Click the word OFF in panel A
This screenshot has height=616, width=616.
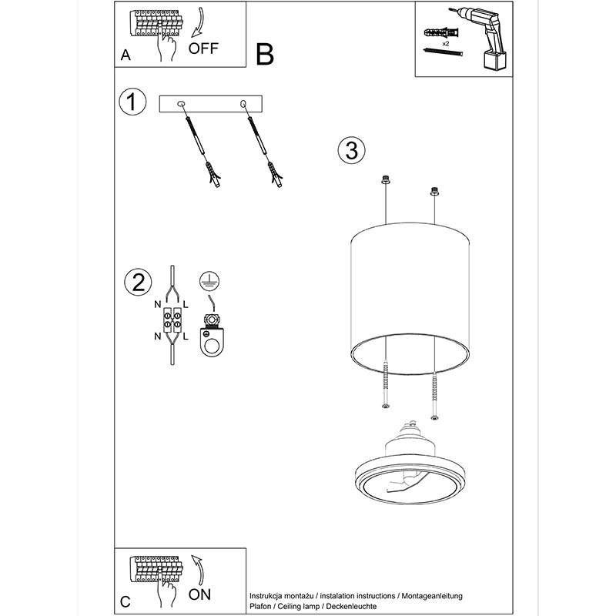203,49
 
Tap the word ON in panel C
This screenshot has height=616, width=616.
199,594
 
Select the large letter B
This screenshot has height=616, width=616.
264,54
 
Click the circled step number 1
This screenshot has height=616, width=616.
132,102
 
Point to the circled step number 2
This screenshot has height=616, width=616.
138,282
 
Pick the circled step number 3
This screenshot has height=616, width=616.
351,150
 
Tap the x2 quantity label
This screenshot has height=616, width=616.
446,44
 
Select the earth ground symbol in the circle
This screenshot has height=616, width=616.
209,280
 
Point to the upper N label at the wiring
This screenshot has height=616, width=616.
158,304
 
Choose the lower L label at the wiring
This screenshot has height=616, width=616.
186,336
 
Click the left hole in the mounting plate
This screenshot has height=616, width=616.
181,104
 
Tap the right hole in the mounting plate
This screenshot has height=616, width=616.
243,104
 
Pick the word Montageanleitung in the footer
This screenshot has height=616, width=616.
432,596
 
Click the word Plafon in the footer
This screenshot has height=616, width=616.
260,606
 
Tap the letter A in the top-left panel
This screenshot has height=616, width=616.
126,55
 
